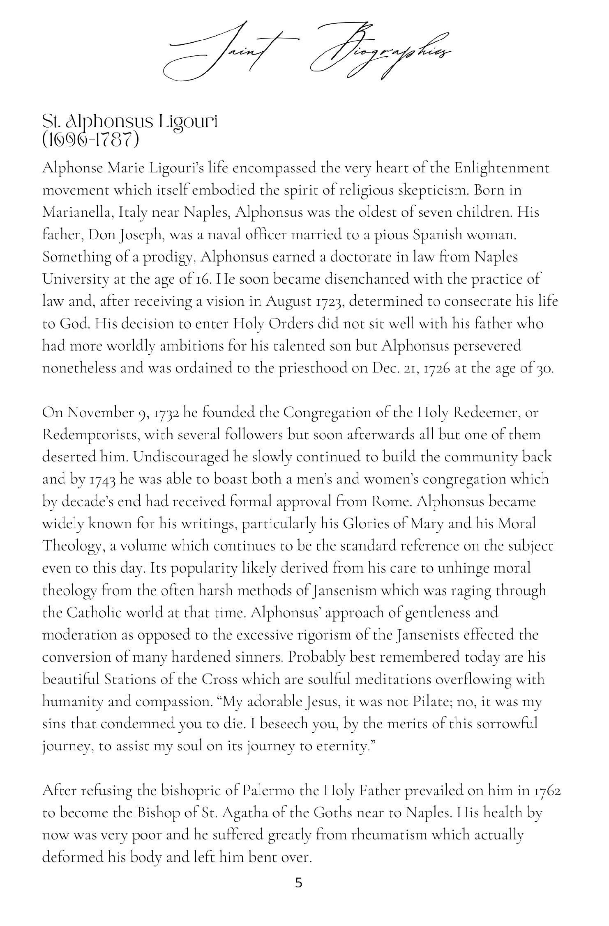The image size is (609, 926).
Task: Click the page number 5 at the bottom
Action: [x=299, y=882]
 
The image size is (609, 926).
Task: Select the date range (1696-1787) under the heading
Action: [x=91, y=140]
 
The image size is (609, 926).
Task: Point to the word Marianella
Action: [x=78, y=213]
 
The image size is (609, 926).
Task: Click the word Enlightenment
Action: [x=501, y=168]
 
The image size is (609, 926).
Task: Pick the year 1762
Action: [x=547, y=790]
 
